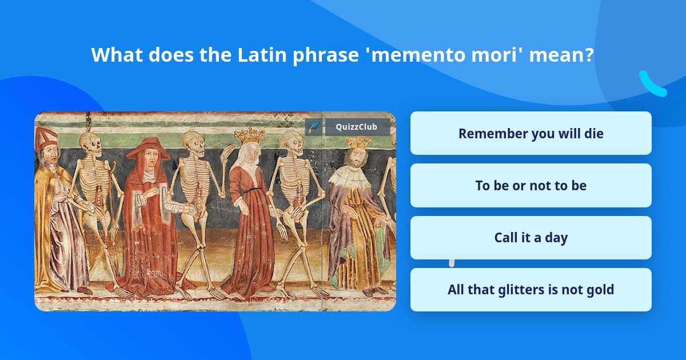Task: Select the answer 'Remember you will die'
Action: (531, 134)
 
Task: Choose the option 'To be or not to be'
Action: (531, 186)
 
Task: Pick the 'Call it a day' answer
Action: (531, 238)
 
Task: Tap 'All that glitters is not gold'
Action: (531, 290)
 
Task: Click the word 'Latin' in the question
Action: (262, 55)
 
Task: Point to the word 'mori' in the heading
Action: (494, 55)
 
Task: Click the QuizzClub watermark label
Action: (357, 127)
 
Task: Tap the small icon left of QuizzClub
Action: (313, 127)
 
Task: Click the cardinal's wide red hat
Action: (148, 149)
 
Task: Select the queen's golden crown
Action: (249, 136)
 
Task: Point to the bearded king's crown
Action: (358, 142)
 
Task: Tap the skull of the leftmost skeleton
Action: (91, 145)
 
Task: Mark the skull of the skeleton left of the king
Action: (292, 143)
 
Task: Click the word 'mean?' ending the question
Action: (561, 55)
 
